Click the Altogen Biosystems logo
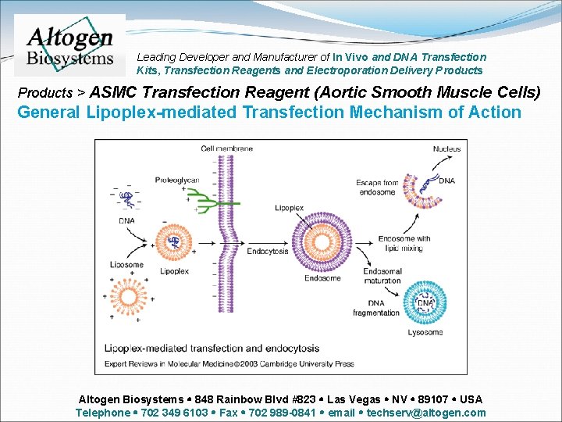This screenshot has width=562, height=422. (x=70, y=45)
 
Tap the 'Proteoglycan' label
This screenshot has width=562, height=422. (x=177, y=180)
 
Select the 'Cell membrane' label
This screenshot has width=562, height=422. (x=227, y=148)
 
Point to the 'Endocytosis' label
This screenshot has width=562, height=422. (x=268, y=252)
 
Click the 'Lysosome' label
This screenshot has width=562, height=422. (x=425, y=332)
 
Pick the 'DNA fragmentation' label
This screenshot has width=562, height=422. (x=375, y=308)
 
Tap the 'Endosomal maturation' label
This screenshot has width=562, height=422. (x=382, y=275)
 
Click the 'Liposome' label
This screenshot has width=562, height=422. (x=126, y=265)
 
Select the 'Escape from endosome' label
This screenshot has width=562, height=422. (x=376, y=187)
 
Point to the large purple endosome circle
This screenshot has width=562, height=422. (x=322, y=238)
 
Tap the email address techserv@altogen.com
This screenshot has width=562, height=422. (x=425, y=413)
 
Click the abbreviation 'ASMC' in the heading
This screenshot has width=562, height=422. (x=114, y=92)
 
